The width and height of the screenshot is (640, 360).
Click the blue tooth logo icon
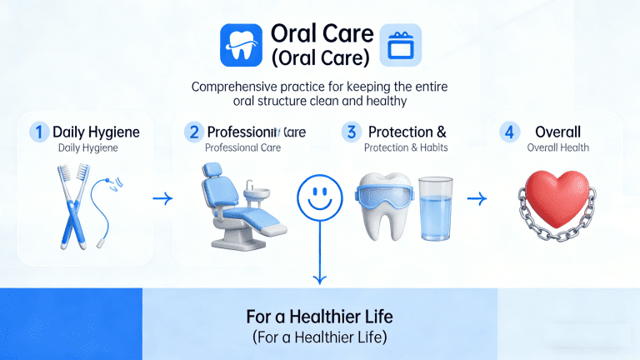(x=241, y=45)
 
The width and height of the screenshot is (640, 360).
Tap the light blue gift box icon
(x=400, y=45)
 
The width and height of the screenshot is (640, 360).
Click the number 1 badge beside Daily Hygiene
(x=38, y=132)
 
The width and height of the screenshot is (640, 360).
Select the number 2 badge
(x=194, y=132)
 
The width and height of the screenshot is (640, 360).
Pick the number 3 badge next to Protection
(x=351, y=132)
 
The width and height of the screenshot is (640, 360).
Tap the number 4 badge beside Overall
(x=508, y=132)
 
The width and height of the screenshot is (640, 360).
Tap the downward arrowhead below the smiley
(x=318, y=278)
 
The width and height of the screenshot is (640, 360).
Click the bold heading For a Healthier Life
(x=320, y=317)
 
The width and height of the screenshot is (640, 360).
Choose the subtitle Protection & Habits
(x=406, y=148)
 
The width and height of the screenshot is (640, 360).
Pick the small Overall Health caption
(x=558, y=148)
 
